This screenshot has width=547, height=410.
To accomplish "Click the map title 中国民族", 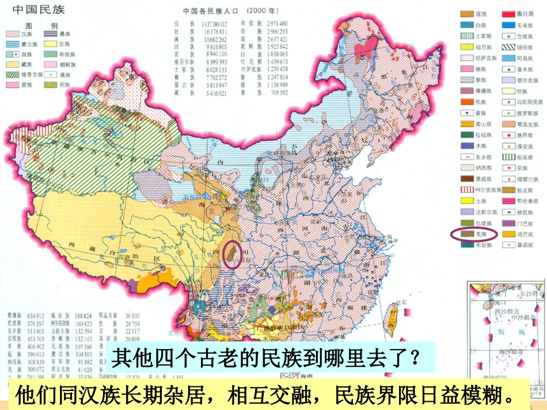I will (40, 10).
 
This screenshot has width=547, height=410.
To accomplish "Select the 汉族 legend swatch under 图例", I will (13, 35).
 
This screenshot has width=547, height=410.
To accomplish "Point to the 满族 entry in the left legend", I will (57, 74).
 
